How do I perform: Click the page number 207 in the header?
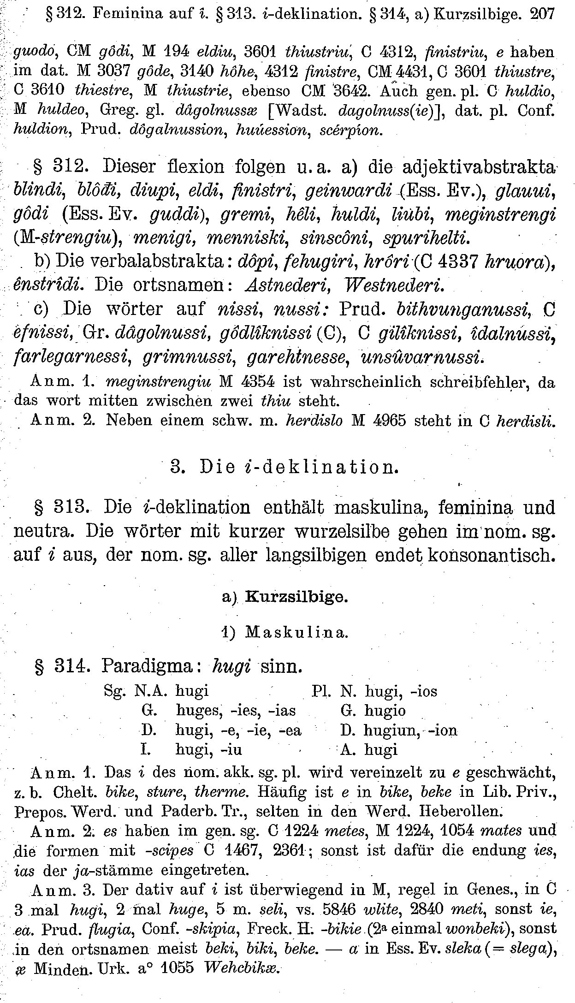point(541,14)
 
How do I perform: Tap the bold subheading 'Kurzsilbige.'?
point(296,597)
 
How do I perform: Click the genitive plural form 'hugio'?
point(385,710)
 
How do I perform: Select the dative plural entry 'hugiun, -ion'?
point(410,730)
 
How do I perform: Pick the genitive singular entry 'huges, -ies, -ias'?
point(236,710)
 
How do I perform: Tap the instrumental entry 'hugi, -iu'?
point(209,749)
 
